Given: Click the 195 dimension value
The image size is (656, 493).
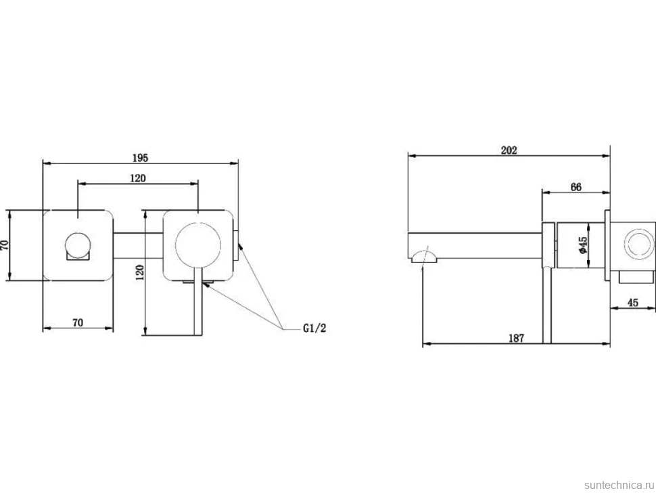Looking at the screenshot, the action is [140, 158].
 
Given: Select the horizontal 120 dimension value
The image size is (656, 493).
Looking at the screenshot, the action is [138, 178].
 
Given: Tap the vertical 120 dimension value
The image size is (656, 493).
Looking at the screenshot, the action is [140, 272].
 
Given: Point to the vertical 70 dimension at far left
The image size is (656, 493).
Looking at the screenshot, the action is [5, 245].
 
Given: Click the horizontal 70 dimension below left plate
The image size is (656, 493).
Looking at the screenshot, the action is [78, 322].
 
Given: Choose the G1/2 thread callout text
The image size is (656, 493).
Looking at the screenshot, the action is [314, 328].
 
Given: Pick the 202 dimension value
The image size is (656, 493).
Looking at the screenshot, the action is [509, 150].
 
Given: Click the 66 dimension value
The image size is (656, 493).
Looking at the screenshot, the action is [576, 187].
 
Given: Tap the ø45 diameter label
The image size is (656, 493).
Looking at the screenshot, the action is [582, 245].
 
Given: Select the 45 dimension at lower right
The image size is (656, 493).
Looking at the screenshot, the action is [633, 303].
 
